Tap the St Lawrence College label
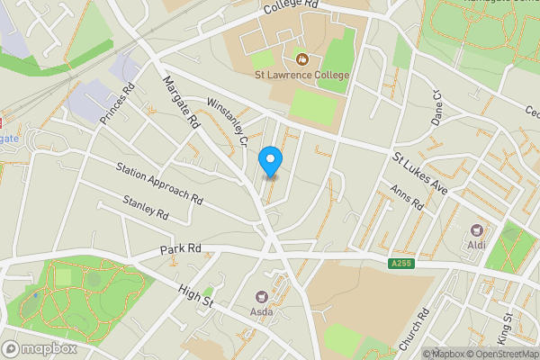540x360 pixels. pyautogui.click(x=301, y=75)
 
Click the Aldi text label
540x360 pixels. pyautogui.click(x=476, y=246)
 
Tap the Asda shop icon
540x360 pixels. pyautogui.click(x=262, y=296)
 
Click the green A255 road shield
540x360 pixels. pyautogui.click(x=402, y=263)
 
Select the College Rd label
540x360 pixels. pyautogui.click(x=292, y=8)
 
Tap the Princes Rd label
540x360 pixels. pyautogui.click(x=117, y=103)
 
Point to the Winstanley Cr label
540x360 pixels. pyautogui.click(x=227, y=121)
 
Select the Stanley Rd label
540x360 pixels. pyautogui.click(x=147, y=210)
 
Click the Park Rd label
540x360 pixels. pyautogui.click(x=181, y=247)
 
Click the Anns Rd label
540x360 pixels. pyautogui.click(x=406, y=198)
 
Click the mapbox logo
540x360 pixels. pyautogui.click(x=39, y=348)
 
